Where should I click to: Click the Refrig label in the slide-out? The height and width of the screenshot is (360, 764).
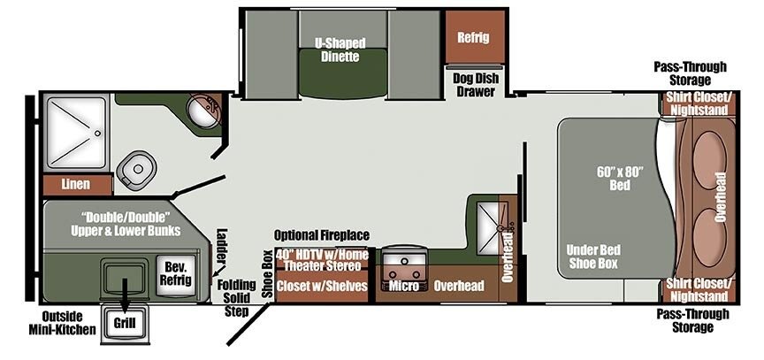[473, 38]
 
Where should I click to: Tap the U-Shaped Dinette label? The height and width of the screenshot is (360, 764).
[340, 50]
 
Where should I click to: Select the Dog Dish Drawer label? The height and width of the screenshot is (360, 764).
[476, 85]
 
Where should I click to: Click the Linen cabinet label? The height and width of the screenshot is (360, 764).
[75, 184]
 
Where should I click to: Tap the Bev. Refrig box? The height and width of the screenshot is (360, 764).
[178, 274]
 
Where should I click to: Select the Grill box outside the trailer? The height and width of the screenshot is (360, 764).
[125, 322]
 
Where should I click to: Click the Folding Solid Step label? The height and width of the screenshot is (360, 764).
[236, 298]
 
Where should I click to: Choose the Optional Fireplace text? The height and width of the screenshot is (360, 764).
[322, 235]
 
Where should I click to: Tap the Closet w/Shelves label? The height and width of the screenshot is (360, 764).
[322, 286]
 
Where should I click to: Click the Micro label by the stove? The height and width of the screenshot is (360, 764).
[403, 286]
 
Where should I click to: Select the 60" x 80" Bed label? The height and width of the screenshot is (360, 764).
[620, 179]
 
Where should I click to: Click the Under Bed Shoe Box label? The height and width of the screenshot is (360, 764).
[592, 257]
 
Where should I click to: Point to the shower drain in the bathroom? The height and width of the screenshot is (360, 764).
[97, 133]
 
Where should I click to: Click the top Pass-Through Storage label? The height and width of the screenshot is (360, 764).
[690, 73]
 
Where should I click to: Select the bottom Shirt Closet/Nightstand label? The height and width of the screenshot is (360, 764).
[699, 290]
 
